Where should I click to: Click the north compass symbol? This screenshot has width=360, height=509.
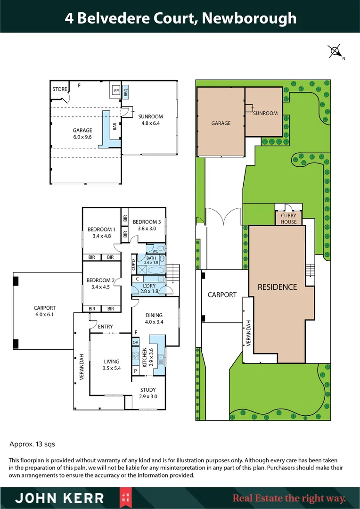(x=335, y=51)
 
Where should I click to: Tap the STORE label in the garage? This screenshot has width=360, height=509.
(x=59, y=89)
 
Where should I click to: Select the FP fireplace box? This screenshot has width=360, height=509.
(x=115, y=91)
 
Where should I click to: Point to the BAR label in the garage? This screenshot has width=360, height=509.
(x=115, y=126)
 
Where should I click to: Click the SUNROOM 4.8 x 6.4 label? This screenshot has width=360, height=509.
(x=150, y=120)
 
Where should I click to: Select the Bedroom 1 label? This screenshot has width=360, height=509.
(x=99, y=233)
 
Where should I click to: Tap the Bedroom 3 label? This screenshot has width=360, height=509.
(x=146, y=225)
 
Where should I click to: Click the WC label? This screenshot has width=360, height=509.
(x=155, y=251)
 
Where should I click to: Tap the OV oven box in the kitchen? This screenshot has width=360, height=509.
(x=135, y=342)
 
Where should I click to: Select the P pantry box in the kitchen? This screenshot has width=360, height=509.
(x=135, y=371)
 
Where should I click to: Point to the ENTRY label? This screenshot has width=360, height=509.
(x=105, y=326)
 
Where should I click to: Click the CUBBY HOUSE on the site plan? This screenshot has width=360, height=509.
(x=288, y=218)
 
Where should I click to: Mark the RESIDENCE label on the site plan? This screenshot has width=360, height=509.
(x=277, y=287)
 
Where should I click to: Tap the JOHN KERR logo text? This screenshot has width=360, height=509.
(x=60, y=498)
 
